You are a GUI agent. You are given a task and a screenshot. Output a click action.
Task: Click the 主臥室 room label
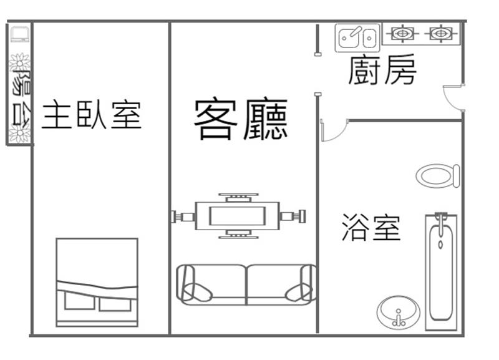pos(92,115)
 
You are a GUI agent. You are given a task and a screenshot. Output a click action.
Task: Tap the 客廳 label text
pos(241,120)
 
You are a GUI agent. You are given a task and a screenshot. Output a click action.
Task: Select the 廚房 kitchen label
pos(382,69)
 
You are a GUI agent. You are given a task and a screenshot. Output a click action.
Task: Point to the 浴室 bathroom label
pos(371,227)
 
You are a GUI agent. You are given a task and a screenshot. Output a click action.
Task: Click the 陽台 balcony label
pos(21,97)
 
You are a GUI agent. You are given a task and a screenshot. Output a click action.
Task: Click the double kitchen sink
pos(357,37)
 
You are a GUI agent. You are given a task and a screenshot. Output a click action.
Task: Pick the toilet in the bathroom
pos(438,176)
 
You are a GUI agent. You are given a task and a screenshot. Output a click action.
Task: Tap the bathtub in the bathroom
pos(441,272)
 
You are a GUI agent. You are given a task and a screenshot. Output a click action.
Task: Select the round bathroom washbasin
pos(398,313)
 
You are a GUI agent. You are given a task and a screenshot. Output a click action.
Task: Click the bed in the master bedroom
pos(97,283)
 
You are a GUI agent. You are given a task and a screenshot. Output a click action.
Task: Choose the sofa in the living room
pos(246,285)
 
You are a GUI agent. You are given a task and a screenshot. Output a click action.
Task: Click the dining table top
pos(237,216)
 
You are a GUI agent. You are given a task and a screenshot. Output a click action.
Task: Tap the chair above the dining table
pos(238,197)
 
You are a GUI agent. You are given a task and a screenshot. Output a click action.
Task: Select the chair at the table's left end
pos(183,216)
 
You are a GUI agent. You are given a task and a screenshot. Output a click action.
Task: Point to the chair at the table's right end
pos(293,216)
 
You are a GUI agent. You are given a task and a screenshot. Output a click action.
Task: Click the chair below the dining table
pos(238,234)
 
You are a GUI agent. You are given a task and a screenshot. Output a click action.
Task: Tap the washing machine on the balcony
pos(20,34)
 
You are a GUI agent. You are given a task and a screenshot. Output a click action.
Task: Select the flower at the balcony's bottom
pos(20,133)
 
